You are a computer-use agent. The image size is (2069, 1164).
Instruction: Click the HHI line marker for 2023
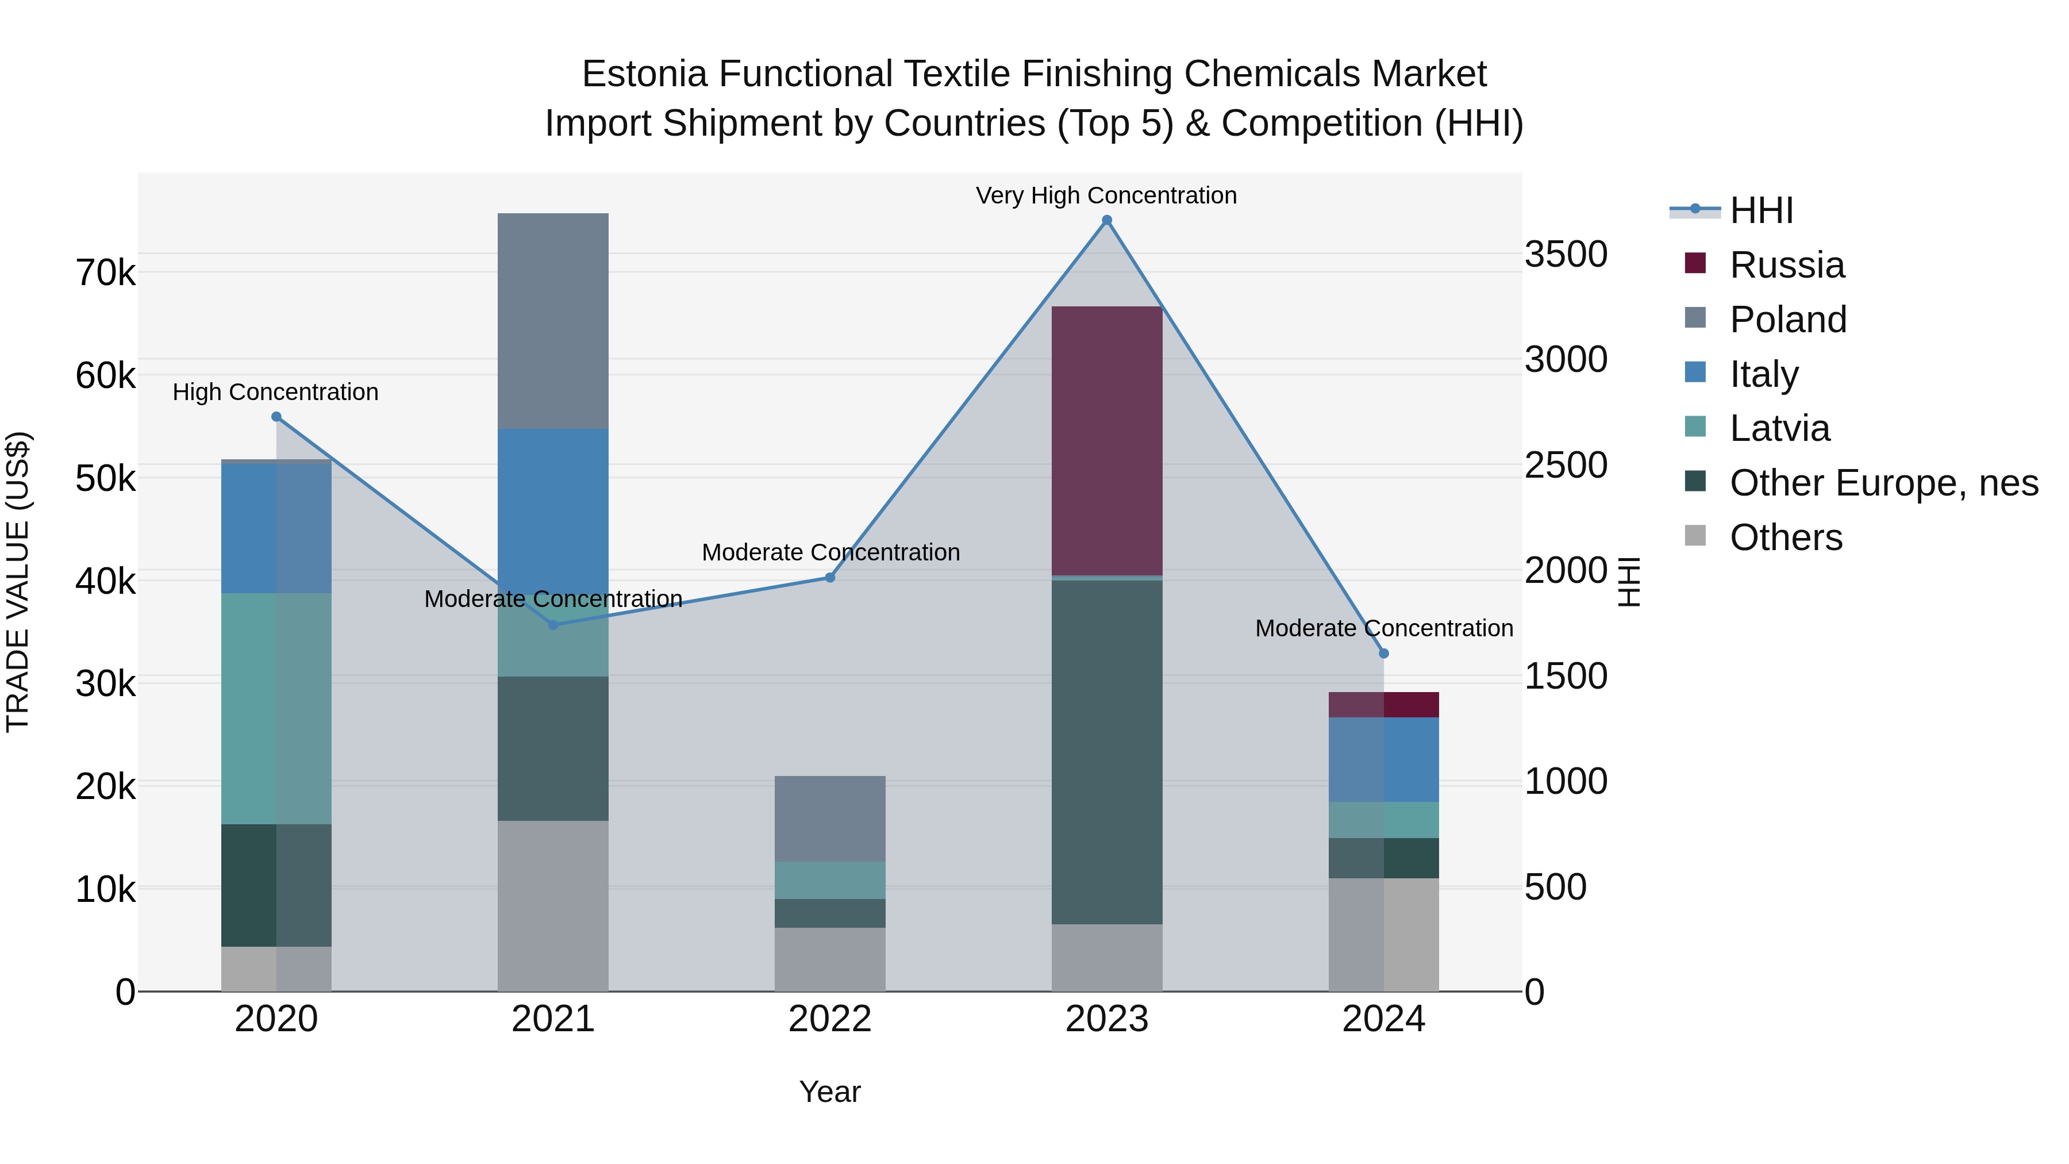tap(1107, 220)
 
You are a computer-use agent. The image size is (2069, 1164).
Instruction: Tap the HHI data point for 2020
tap(276, 417)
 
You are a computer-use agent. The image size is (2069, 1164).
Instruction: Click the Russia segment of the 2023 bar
tap(1107, 440)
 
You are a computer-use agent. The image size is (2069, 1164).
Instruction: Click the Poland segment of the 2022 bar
tap(830, 819)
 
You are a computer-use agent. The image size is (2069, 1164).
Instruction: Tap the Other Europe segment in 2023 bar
tap(1107, 752)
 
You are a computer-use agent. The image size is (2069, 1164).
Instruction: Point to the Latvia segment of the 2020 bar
tap(276, 709)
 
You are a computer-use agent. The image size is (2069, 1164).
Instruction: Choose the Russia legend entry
tap(1786, 265)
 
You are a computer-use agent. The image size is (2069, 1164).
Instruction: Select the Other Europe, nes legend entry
tap(1883, 483)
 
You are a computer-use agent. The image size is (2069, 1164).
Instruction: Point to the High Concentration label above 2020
tap(275, 392)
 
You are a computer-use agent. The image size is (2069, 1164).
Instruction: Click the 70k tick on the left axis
tap(105, 273)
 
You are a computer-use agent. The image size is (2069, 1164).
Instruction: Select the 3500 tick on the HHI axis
tap(1566, 255)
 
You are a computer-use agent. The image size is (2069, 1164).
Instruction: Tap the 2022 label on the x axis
tap(830, 1019)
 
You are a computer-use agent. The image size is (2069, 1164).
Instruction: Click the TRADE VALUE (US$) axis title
tap(18, 582)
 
